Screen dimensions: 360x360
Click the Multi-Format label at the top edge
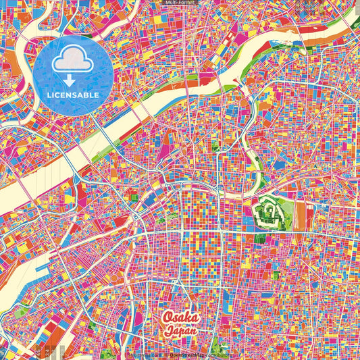pyautogui.click(x=179, y=3)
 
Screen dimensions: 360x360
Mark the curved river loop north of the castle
pyautogui.click(x=255, y=162)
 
